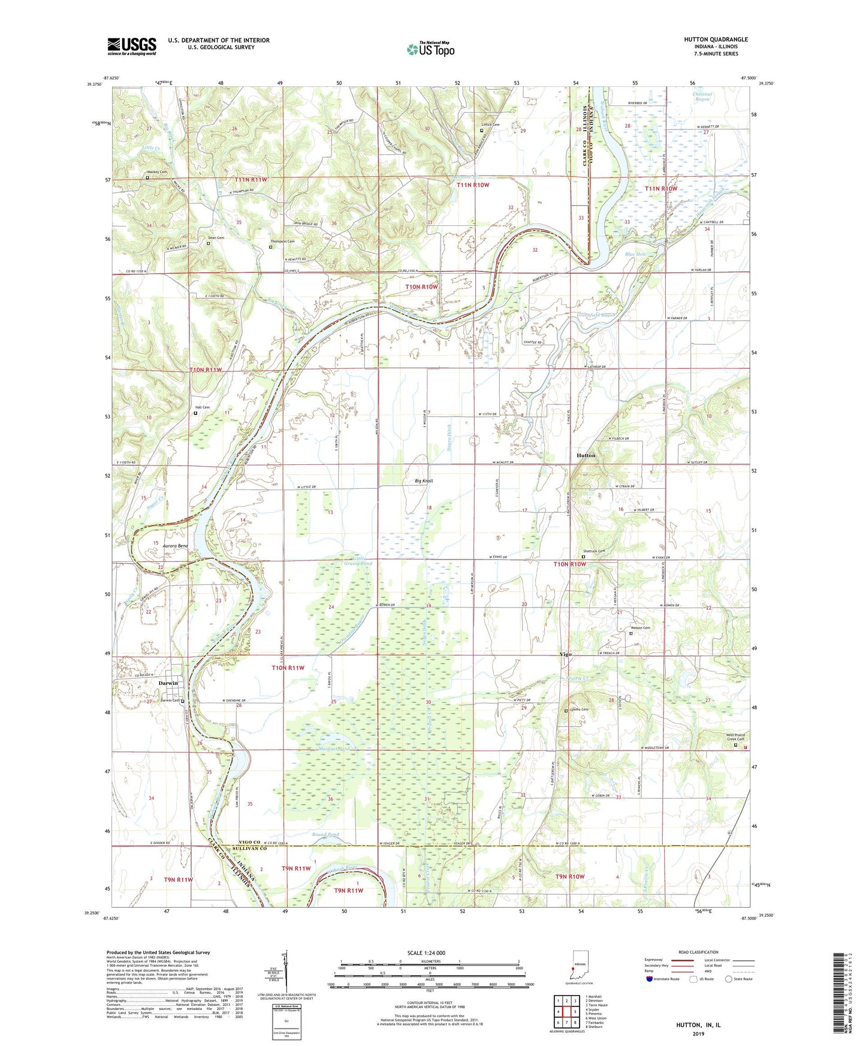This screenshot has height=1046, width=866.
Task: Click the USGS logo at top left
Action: [132, 46]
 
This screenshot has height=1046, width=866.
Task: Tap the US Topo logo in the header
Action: [430, 49]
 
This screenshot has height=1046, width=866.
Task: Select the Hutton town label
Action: [586, 455]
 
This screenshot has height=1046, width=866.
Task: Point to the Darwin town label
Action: [168, 683]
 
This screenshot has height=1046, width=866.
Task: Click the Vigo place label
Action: [565, 654]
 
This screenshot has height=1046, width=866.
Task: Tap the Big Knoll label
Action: [423, 481]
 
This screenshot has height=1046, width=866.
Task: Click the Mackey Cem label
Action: [158, 172]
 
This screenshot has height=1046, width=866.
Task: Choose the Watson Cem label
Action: [639, 628]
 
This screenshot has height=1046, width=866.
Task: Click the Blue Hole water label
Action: [636, 254]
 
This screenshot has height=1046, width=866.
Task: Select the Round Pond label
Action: [325, 835]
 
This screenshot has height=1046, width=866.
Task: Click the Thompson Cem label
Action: [282, 241]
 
